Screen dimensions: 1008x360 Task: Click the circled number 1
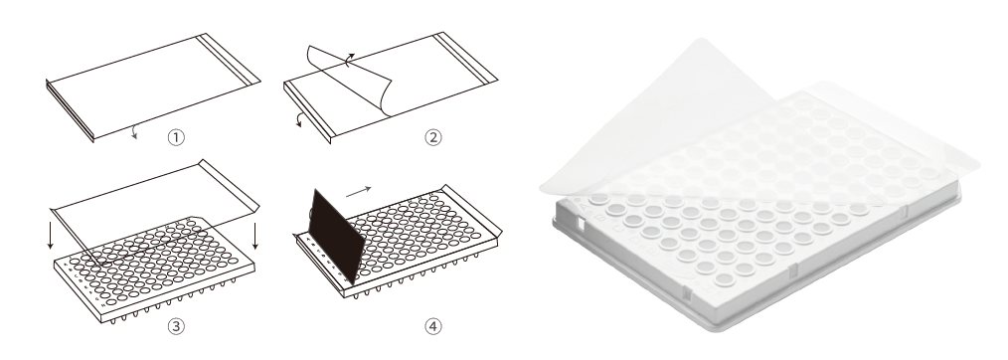176,137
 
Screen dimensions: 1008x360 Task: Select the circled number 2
433,137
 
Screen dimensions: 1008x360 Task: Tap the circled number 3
176,326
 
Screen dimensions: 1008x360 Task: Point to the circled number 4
433,326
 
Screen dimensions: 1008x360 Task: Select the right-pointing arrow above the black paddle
358,191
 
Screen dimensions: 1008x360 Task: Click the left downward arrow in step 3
50,236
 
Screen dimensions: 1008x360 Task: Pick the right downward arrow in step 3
255,236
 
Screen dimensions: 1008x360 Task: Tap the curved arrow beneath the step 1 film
133,132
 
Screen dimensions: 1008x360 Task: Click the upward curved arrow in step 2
349,61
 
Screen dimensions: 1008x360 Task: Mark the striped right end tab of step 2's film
466,58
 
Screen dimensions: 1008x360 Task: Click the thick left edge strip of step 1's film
70,110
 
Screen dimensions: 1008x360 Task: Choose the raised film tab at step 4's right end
471,210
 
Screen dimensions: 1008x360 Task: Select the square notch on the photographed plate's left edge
580,225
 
